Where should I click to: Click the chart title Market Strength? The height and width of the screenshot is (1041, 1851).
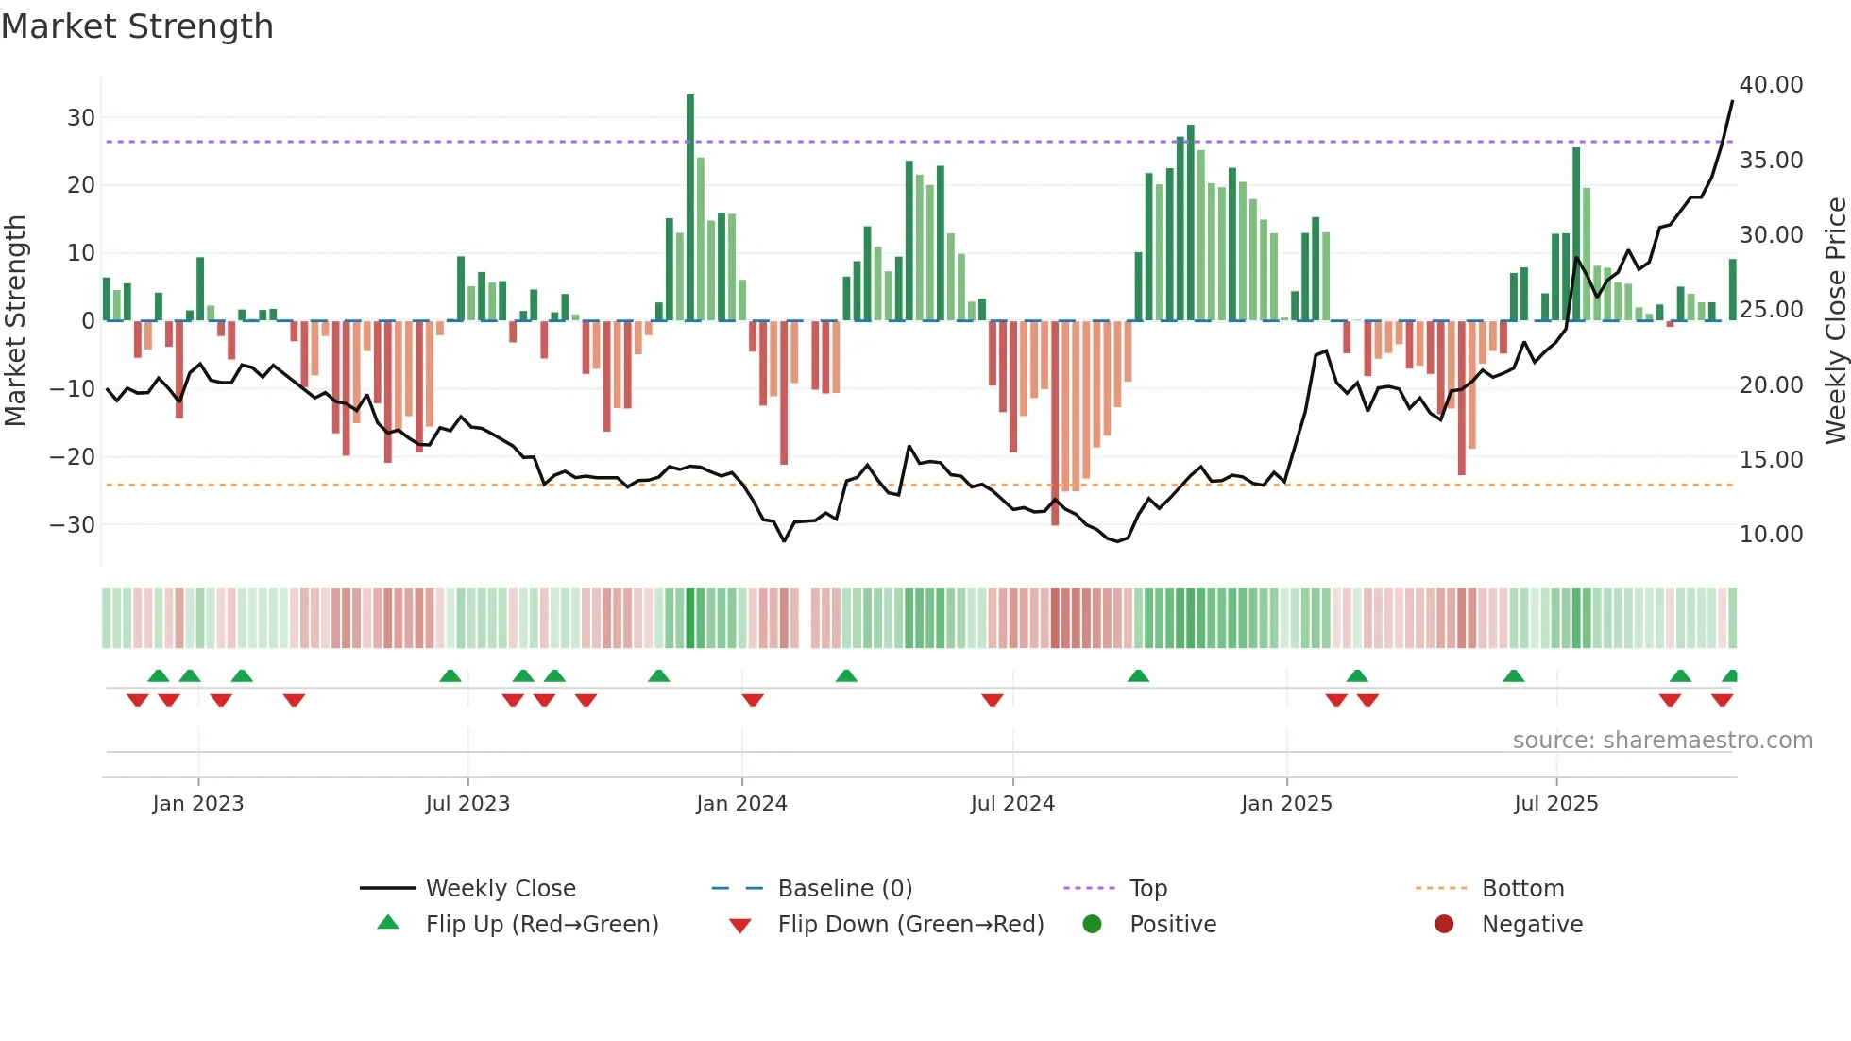(137, 26)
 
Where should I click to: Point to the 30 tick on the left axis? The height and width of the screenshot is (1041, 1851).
(81, 118)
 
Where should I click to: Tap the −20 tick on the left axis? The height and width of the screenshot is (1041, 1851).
(73, 457)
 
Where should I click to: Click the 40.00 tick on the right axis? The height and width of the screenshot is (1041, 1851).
(1771, 85)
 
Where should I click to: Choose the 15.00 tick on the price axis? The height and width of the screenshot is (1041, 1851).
(1771, 460)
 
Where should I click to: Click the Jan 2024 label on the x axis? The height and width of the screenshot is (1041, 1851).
(741, 804)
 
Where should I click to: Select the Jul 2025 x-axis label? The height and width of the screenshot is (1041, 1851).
(1555, 804)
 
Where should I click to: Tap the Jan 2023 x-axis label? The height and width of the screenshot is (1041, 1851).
(198, 804)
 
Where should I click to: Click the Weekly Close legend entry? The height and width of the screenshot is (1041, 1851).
(500, 889)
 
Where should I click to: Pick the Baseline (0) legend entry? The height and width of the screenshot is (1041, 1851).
(844, 889)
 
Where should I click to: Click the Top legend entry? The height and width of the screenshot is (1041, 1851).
(1147, 889)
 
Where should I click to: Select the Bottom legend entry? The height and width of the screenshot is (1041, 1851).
(1522, 889)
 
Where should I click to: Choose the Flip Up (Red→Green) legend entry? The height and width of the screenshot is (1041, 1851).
(541, 925)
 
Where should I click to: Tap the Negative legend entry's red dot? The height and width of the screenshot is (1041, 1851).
(1444, 925)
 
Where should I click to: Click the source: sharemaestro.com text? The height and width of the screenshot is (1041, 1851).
(1662, 741)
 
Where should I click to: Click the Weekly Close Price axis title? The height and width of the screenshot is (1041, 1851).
(1835, 321)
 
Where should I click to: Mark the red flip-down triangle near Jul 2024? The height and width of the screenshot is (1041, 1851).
(992, 700)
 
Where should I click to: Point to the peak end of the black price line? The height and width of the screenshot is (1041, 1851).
(1732, 101)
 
